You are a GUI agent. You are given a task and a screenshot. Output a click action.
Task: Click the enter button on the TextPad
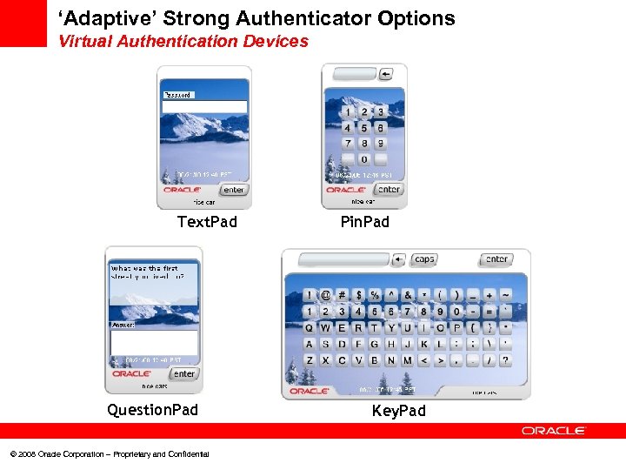click(x=234, y=190)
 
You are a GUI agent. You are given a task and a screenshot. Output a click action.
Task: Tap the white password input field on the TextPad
click(x=204, y=107)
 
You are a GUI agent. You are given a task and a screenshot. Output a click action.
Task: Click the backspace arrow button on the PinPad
click(x=386, y=74)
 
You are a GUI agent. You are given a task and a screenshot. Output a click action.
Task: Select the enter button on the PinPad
click(x=389, y=189)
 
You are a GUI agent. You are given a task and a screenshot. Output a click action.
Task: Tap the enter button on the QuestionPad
click(x=183, y=373)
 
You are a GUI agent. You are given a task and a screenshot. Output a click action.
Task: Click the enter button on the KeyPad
click(x=496, y=259)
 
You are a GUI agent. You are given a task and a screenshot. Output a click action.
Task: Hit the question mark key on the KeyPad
click(x=505, y=359)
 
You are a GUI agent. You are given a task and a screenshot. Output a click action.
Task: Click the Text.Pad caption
click(x=207, y=222)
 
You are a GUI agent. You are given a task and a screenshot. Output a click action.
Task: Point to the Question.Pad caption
click(x=152, y=410)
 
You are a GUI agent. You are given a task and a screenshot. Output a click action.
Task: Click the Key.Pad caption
click(x=399, y=411)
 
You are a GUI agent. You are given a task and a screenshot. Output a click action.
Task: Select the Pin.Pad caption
click(x=365, y=222)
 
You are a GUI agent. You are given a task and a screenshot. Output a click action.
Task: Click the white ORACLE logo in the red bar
click(x=554, y=431)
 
